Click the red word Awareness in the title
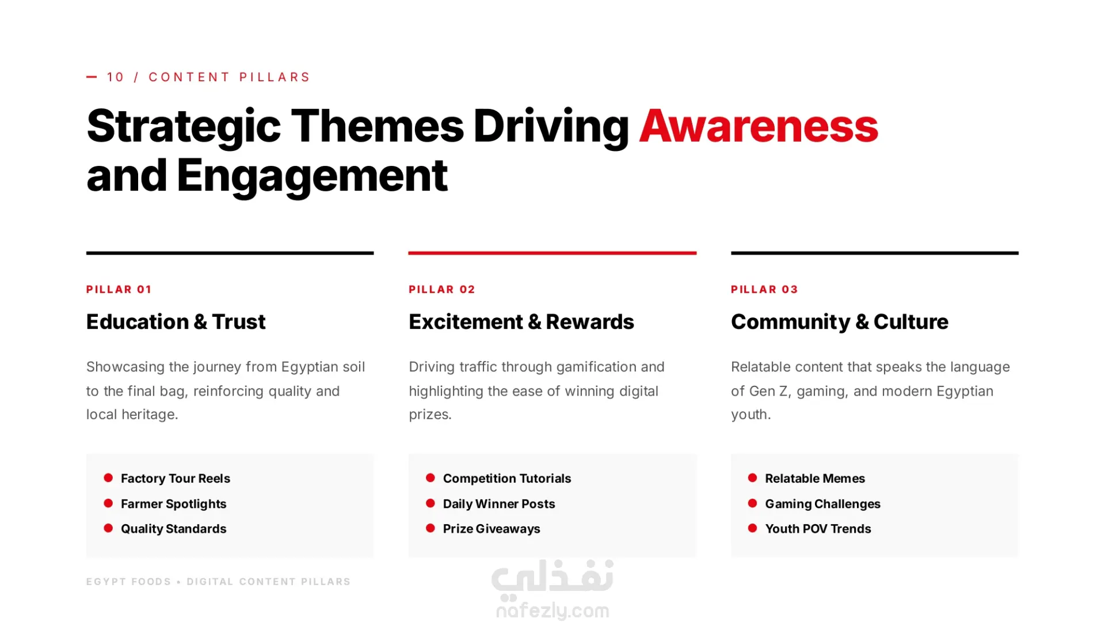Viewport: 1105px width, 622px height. (759, 126)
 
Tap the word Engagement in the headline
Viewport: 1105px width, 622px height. (312, 176)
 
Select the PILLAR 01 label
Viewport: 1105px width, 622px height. (119, 289)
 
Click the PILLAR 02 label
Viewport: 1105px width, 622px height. (442, 289)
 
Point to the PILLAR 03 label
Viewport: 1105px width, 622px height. (764, 289)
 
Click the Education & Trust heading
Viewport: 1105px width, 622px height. (176, 321)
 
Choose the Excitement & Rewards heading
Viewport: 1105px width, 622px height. (521, 321)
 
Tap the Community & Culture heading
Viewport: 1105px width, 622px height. (840, 321)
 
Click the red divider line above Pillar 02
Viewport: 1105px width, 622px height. (552, 253)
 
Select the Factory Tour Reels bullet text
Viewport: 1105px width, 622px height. (176, 478)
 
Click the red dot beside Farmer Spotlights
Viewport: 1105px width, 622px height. (108, 503)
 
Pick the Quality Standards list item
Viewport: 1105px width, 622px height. (173, 529)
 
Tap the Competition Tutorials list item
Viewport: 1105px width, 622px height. (507, 478)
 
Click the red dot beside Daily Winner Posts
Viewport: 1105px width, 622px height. (430, 503)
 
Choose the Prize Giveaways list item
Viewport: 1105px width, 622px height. (491, 529)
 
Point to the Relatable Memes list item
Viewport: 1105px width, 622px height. (815, 478)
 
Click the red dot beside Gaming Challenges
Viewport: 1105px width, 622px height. (752, 503)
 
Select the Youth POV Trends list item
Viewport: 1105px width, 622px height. (818, 529)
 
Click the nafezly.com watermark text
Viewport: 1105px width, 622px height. (552, 610)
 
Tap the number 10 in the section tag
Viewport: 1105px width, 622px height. (116, 77)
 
